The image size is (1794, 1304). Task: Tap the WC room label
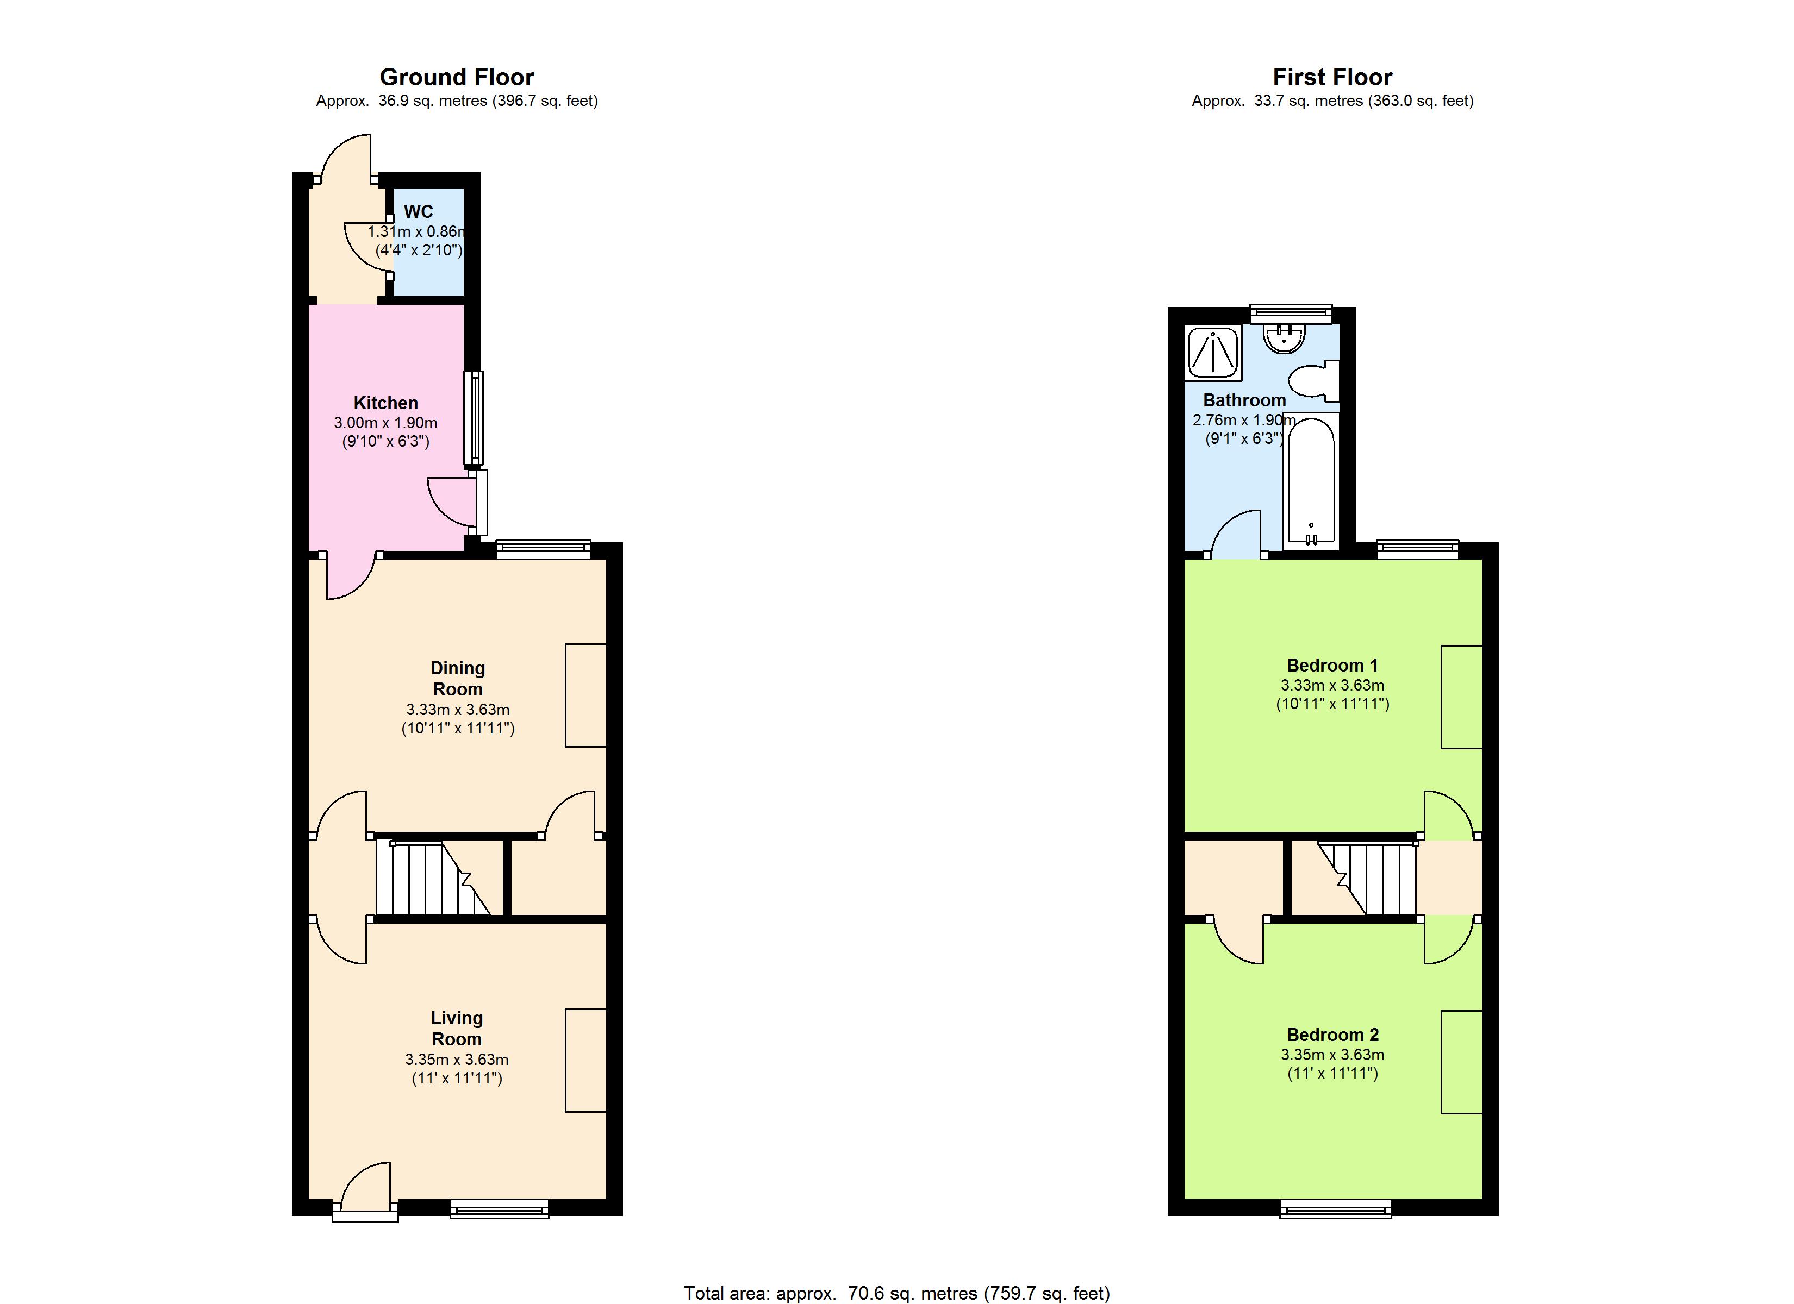[x=419, y=211]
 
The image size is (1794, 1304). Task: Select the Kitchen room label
[x=385, y=403]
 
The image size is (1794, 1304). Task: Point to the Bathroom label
[x=1244, y=400]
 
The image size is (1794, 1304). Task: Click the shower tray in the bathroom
[x=1213, y=353]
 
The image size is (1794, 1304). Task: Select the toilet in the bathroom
[x=1314, y=380]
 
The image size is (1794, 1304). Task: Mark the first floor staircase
[x=1366, y=878]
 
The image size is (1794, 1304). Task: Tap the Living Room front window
[x=499, y=1208]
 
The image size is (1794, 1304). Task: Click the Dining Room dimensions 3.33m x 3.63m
[x=457, y=710]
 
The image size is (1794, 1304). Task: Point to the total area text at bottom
[x=896, y=1293]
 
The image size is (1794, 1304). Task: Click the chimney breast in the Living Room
[x=585, y=1061]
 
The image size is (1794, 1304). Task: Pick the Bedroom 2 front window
[x=1335, y=1208]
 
